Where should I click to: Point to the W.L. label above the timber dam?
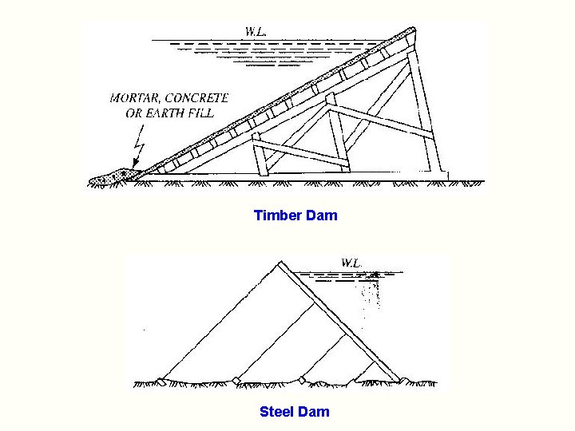click(x=256, y=33)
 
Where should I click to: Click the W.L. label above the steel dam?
click(x=351, y=262)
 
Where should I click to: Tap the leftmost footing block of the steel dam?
click(x=162, y=381)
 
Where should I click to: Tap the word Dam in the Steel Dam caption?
click(x=313, y=412)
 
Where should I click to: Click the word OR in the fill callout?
click(x=133, y=113)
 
